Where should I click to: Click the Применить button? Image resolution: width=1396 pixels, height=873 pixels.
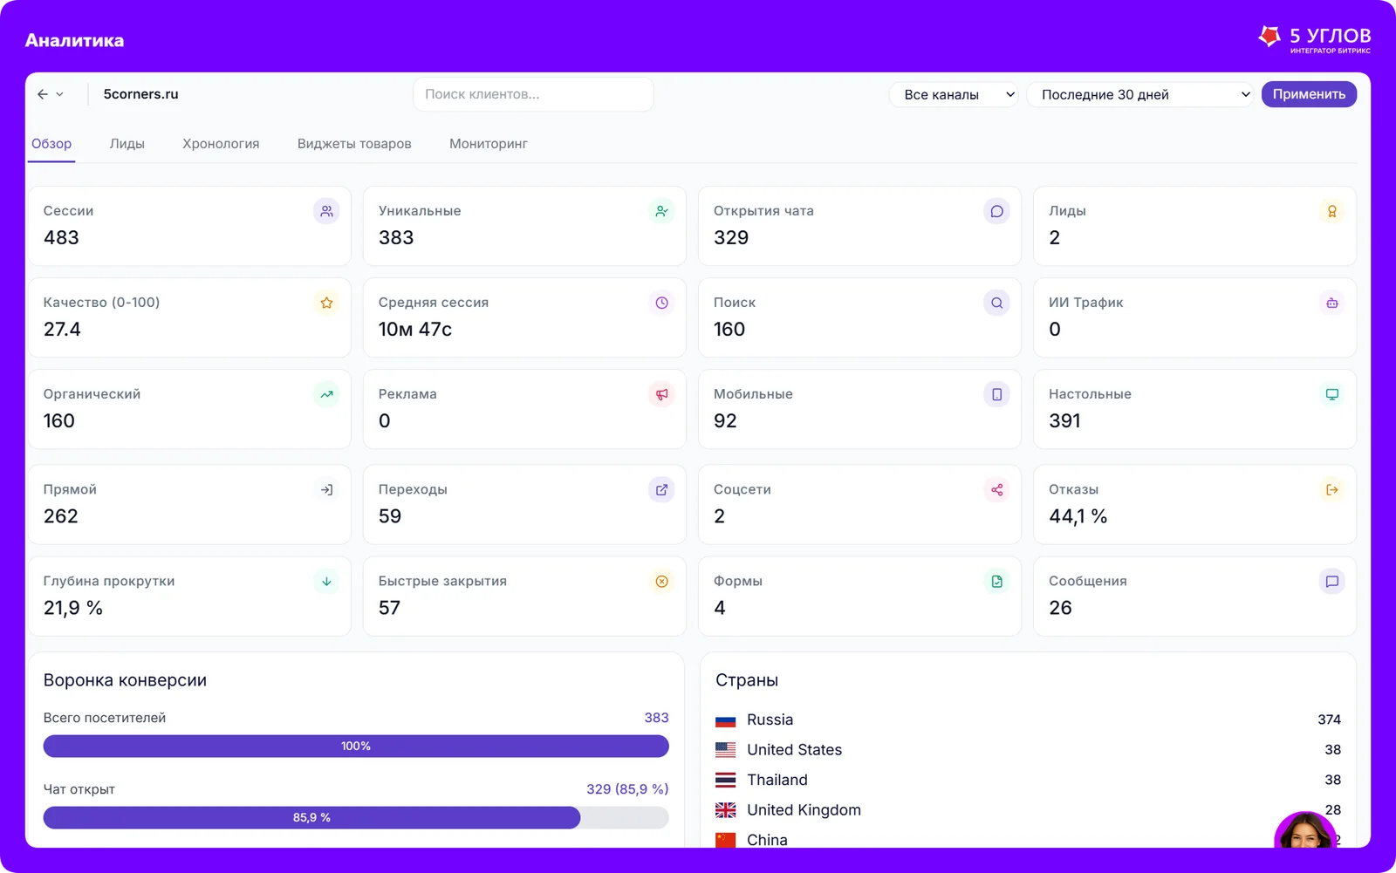point(1309,94)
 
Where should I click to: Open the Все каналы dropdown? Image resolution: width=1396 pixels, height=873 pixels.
point(955,95)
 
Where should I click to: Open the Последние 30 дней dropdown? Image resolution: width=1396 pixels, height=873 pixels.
point(1140,95)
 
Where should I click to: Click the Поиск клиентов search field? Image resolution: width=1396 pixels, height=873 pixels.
point(533,94)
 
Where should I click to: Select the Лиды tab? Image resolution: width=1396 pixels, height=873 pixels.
point(127,143)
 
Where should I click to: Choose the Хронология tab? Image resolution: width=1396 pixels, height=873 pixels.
point(221,143)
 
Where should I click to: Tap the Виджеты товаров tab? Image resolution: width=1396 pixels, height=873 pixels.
point(354,143)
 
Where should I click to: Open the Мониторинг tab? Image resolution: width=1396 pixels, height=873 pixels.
point(489,143)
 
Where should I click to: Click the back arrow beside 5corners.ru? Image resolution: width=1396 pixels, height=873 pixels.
point(43,94)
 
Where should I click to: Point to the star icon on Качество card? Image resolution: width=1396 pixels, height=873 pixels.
point(326,303)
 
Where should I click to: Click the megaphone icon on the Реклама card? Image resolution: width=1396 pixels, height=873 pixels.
point(662,394)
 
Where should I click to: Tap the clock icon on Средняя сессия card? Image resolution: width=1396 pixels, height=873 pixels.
point(662,303)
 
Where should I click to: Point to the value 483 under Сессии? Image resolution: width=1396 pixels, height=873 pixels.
point(61,237)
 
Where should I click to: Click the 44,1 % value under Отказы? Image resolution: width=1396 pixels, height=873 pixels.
point(1078,516)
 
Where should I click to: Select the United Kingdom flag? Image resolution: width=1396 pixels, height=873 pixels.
point(725,810)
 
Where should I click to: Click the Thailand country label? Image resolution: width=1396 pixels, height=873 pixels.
point(777,780)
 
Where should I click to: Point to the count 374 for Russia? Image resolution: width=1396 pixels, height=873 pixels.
point(1330,720)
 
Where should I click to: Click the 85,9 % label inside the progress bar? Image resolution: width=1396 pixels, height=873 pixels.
point(311,817)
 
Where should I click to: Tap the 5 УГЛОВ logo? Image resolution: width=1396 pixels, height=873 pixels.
point(1314,40)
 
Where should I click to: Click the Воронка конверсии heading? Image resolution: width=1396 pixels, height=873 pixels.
point(125,680)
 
